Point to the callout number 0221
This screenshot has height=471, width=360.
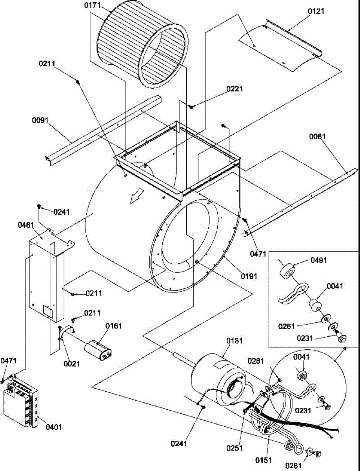point(235,89)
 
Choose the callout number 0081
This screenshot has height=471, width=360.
point(317,137)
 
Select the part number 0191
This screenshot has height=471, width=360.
point(249,276)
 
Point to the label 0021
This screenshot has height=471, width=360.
point(72,364)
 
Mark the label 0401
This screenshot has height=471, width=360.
point(53,427)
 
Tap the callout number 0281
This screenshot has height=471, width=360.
point(256,361)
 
